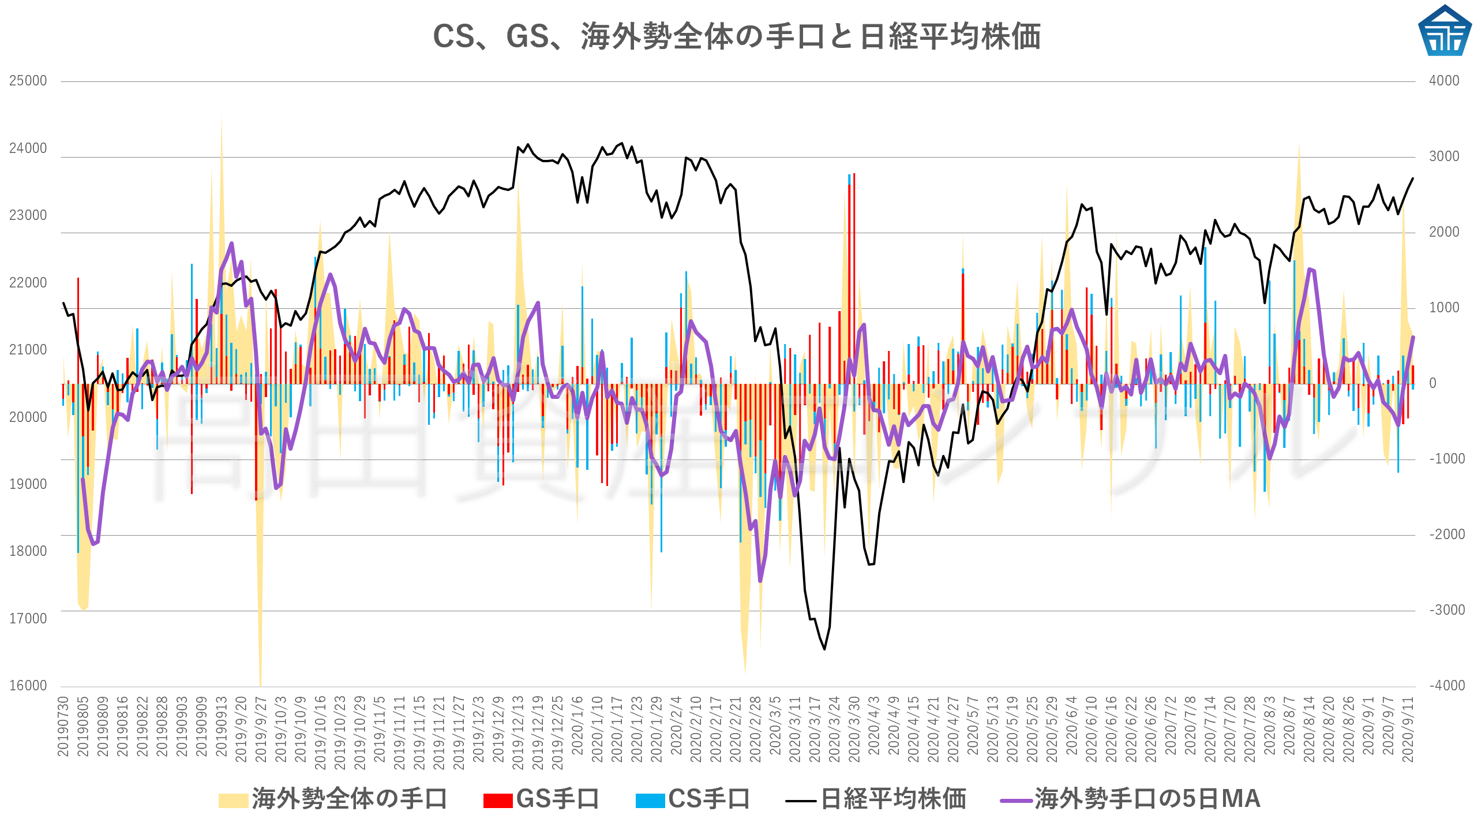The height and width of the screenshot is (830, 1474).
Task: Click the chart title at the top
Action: click(737, 36)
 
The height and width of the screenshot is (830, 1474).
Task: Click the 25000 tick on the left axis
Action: click(28, 81)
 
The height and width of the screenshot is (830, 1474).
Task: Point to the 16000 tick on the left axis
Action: click(28, 686)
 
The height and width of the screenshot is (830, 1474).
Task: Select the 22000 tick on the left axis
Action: click(28, 283)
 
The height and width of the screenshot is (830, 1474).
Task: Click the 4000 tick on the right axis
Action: click(1444, 81)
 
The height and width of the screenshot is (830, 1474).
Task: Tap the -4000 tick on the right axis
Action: click(1446, 686)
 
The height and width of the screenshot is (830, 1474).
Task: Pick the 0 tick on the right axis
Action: click(1432, 383)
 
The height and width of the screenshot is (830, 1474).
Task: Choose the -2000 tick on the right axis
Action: click(1446, 534)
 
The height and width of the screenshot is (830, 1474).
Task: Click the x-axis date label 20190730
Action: click(63, 726)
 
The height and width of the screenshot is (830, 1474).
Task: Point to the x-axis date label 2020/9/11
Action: click(1408, 730)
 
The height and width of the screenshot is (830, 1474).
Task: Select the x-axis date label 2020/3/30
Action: click(854, 730)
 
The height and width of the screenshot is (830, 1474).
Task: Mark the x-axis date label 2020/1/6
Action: click(577, 726)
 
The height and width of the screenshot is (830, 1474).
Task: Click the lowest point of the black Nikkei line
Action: click(824, 649)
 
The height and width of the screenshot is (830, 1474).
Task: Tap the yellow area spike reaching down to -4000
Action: click(260, 681)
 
